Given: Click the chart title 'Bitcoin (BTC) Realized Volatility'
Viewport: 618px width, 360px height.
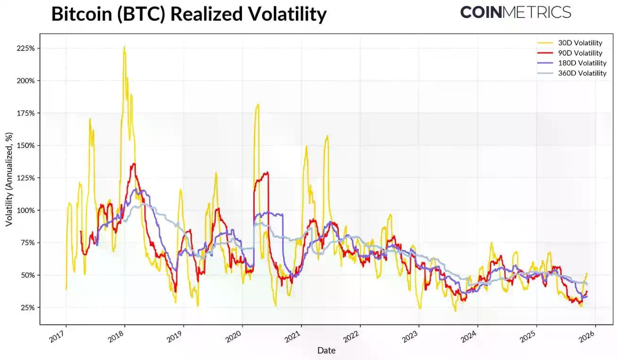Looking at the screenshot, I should click(189, 14).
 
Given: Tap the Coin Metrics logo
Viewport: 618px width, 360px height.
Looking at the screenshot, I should click(515, 12).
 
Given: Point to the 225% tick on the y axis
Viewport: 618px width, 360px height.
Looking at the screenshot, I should click(25, 49).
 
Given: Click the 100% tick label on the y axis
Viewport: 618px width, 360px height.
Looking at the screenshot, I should click(25, 210).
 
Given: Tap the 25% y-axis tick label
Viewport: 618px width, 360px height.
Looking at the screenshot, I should click(26, 308).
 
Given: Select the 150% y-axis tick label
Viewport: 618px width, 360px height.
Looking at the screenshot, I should click(25, 146).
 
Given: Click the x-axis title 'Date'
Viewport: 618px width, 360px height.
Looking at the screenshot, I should click(326, 351).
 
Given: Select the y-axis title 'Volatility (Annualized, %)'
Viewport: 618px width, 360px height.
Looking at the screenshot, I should click(9, 179).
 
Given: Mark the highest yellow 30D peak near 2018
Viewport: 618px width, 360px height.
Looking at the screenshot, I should click(124, 47).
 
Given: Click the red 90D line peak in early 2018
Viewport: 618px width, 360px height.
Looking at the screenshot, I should click(134, 164).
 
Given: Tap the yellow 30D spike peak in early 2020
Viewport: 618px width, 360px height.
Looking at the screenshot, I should click(258, 104).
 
